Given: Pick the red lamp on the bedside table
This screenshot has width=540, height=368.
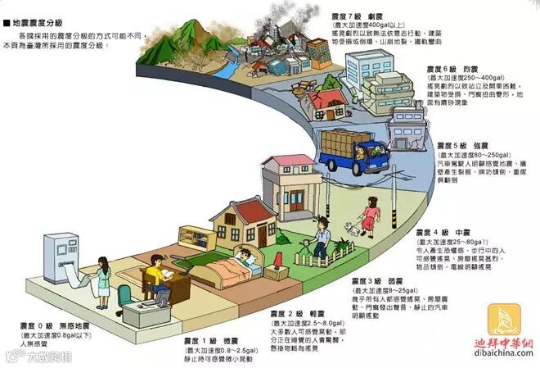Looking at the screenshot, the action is click(277, 261).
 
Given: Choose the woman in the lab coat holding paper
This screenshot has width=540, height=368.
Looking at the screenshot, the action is click(105, 279).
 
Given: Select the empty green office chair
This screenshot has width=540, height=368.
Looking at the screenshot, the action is click(124, 297).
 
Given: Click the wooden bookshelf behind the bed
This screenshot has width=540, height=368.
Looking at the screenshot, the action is click(191, 239).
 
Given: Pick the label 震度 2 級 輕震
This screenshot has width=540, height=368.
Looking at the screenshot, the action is click(290, 315).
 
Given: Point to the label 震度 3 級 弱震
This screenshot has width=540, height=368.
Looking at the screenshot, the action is click(378, 281).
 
